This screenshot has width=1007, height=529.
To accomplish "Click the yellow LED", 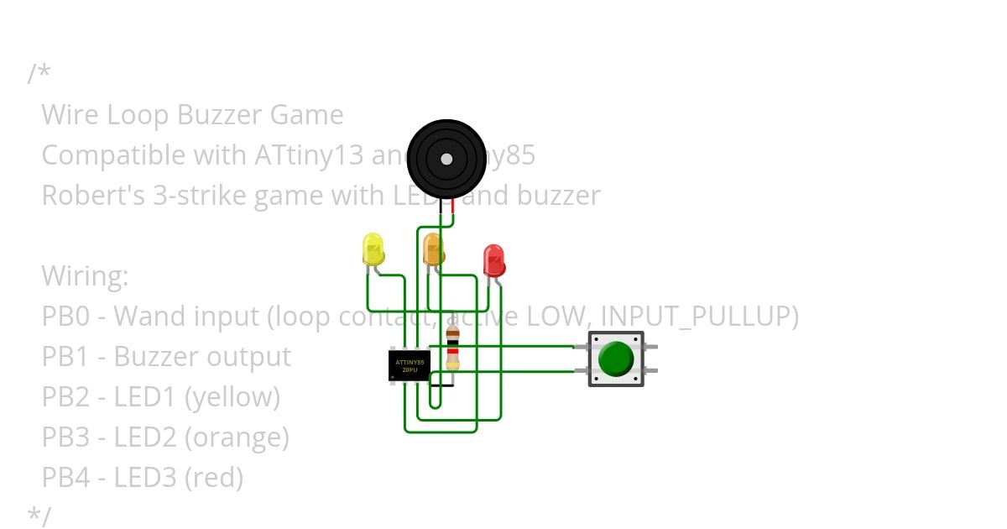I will (x=373, y=249).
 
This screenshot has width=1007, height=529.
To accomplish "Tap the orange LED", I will (x=433, y=249).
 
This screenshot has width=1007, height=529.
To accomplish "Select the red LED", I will (x=493, y=260).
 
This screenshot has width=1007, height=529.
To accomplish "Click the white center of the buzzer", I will (x=446, y=159).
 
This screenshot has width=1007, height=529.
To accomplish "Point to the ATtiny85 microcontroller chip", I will (x=410, y=365).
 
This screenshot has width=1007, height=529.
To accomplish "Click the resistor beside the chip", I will (x=452, y=348).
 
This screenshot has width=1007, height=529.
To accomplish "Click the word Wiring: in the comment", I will (x=85, y=276).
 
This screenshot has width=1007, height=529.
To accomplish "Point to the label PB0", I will (x=66, y=317).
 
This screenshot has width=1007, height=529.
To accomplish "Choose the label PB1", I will (x=66, y=357).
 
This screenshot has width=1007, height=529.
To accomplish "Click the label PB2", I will (x=66, y=397).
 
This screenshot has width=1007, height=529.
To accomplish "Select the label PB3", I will (x=66, y=437).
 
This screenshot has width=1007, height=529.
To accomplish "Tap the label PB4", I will (x=66, y=478).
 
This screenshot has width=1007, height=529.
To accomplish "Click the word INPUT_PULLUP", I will (x=699, y=317).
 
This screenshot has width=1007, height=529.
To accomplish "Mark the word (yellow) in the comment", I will (x=232, y=397).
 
